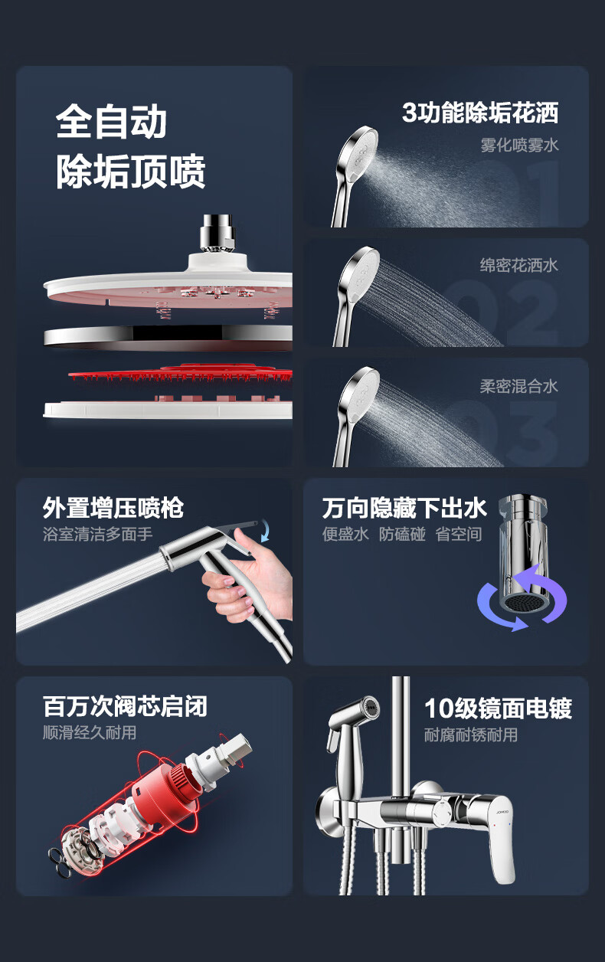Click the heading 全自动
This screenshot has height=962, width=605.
point(111,122)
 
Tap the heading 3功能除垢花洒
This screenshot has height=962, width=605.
point(480,113)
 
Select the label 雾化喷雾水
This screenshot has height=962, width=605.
point(519,146)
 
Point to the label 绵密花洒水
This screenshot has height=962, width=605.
point(519,265)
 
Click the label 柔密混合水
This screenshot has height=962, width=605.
point(519,386)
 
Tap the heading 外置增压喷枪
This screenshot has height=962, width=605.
point(113,508)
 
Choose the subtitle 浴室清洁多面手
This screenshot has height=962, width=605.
point(97,535)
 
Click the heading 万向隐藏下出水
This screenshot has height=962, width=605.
point(404,508)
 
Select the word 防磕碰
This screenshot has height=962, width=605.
point(402,535)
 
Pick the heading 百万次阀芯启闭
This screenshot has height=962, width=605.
point(125,706)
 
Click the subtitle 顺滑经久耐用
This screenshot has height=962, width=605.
point(90,733)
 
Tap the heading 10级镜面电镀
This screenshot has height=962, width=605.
point(498,708)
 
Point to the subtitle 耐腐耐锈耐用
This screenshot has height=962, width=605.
point(471,735)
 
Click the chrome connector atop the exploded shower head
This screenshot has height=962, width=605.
point(217,233)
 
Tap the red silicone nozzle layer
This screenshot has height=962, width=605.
point(180,372)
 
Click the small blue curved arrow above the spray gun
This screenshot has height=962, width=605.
point(264,530)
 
